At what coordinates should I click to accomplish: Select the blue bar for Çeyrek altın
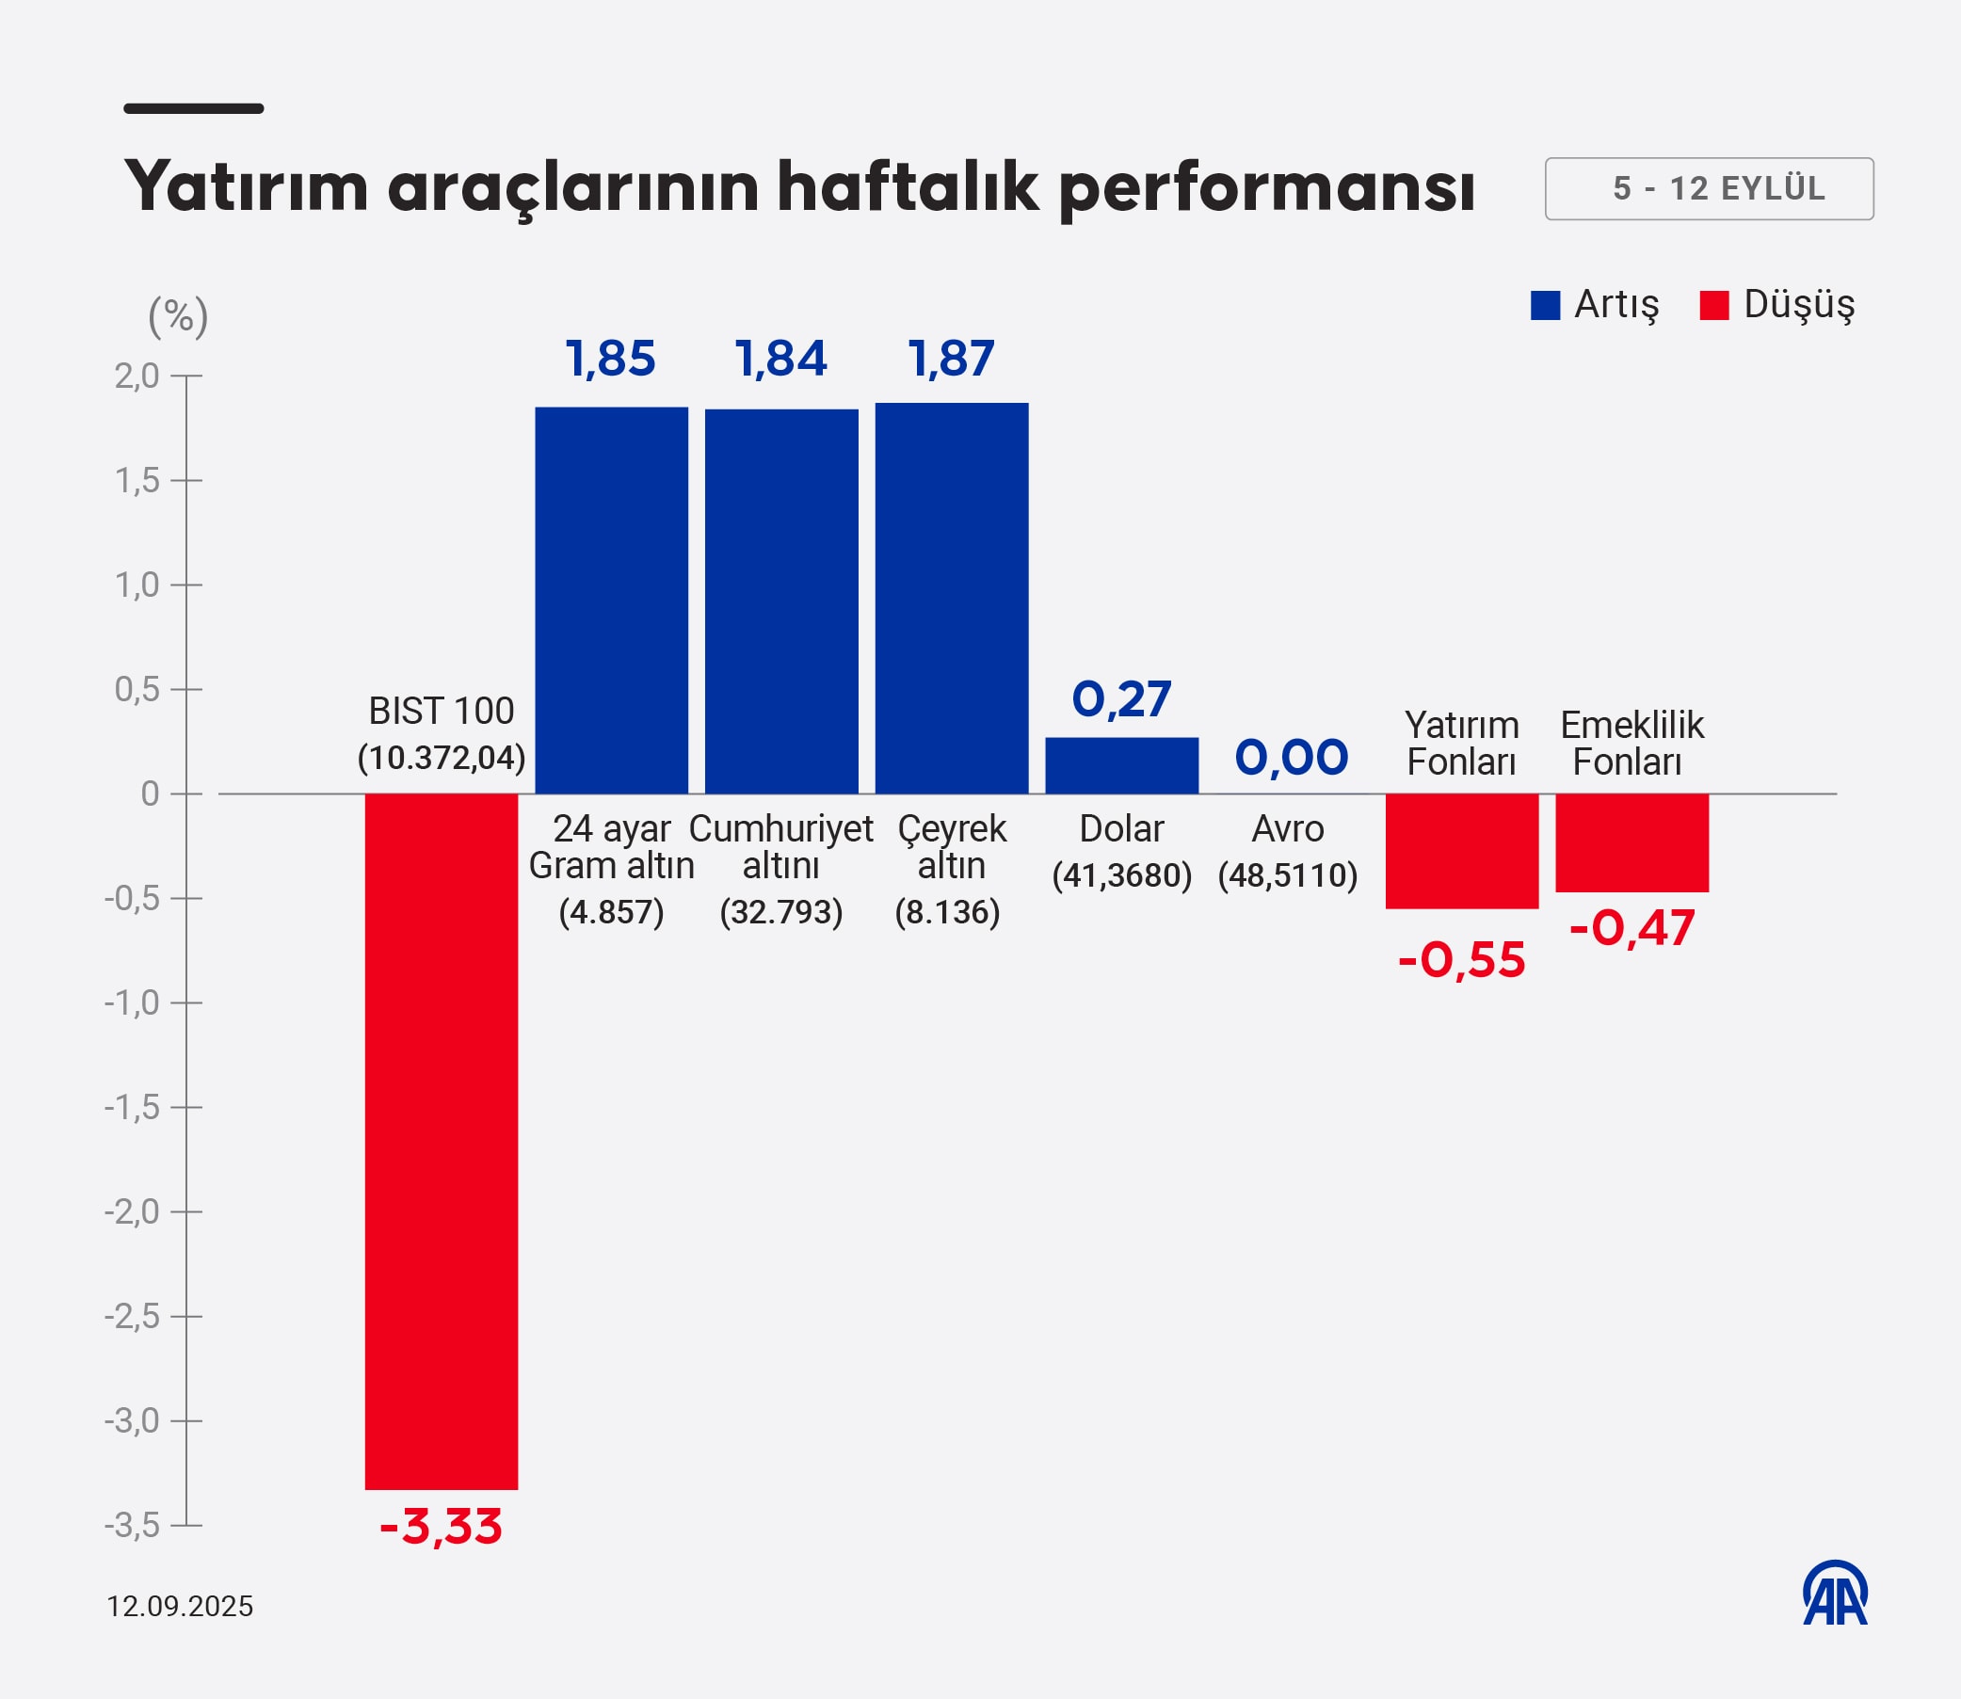(x=951, y=599)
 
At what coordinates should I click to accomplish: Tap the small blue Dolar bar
(x=1122, y=765)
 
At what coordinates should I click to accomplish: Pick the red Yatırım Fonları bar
(x=1461, y=851)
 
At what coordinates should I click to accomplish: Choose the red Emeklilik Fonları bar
(x=1631, y=841)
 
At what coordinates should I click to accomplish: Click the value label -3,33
(x=441, y=1528)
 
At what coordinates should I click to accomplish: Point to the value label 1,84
(x=780, y=360)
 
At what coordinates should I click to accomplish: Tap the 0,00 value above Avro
(x=1291, y=758)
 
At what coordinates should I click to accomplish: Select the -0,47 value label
(x=1631, y=928)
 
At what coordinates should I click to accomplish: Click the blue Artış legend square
(x=1545, y=305)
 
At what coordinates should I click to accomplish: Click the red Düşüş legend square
(x=1713, y=305)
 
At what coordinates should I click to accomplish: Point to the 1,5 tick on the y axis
(x=137, y=482)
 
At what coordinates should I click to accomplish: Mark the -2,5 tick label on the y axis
(x=133, y=1317)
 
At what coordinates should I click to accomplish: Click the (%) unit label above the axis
(x=178, y=316)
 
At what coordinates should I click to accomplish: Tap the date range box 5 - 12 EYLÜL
(x=1709, y=188)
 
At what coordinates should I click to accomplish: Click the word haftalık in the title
(x=908, y=186)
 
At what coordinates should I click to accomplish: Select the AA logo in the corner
(x=1835, y=1594)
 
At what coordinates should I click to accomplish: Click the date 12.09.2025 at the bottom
(x=180, y=1606)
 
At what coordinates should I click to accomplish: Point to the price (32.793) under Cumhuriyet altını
(x=780, y=912)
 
